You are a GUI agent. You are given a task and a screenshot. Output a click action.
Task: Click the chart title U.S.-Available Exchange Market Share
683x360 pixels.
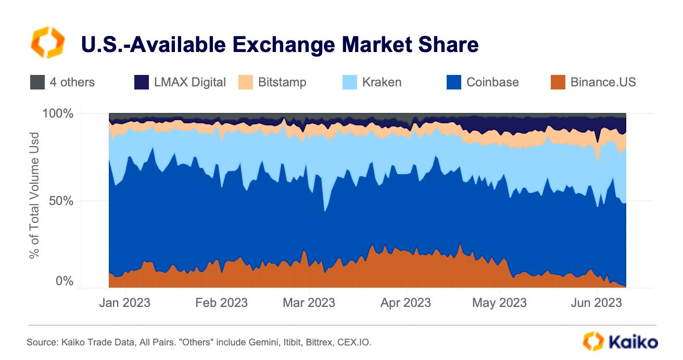(280, 45)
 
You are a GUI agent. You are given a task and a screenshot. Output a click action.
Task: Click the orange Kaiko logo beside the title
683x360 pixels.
(48, 43)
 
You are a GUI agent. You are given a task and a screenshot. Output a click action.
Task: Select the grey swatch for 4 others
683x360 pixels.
(37, 82)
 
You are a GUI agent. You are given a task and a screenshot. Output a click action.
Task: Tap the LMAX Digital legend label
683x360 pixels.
(190, 82)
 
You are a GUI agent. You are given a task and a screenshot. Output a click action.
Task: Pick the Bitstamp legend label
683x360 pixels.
(282, 82)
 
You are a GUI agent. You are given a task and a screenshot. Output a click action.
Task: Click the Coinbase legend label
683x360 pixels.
(492, 82)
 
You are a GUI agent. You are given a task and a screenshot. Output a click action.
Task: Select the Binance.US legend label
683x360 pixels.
(603, 82)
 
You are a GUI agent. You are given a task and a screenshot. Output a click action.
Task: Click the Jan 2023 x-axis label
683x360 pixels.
(124, 303)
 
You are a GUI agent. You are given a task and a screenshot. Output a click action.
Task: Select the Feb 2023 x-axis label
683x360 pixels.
(222, 303)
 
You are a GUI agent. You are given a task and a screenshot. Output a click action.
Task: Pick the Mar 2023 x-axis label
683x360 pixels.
(309, 303)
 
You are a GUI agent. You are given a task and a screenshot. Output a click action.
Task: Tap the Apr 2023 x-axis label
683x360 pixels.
(406, 303)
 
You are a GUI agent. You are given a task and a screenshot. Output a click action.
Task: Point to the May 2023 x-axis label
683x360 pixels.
(499, 303)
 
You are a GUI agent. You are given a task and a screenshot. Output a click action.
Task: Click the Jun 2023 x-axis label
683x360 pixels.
(596, 303)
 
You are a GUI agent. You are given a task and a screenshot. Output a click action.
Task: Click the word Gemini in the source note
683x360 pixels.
(260, 342)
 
